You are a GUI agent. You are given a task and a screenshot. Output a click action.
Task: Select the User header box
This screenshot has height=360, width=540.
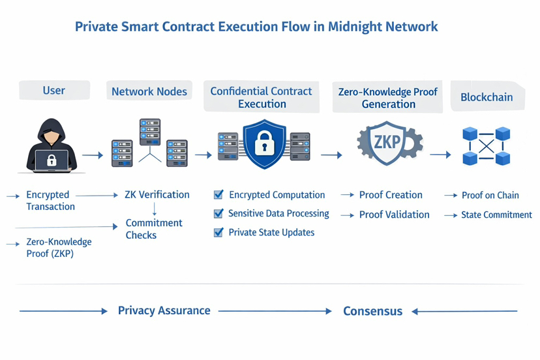click(54, 90)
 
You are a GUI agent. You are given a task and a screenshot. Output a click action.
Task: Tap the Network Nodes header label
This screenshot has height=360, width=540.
click(149, 91)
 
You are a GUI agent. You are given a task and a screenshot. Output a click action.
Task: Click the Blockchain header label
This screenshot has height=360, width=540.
click(487, 97)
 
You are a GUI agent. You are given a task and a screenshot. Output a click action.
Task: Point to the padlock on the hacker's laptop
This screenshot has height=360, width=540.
click(52, 160)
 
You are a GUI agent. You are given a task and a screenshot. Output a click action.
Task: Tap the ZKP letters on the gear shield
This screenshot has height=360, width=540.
click(387, 142)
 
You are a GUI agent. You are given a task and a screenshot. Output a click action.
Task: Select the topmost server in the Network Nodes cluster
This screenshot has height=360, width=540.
click(150, 132)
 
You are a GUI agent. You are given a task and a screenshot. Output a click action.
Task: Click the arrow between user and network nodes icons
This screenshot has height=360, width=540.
click(93, 155)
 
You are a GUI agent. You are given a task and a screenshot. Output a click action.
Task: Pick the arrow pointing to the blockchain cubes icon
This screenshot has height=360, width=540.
click(440, 155)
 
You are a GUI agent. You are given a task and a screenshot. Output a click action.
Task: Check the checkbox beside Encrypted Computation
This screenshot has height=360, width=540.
click(218, 194)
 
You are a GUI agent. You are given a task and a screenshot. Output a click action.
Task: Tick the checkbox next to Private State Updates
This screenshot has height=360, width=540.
click(218, 233)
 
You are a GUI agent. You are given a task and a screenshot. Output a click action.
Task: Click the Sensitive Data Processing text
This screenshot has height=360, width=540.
click(278, 214)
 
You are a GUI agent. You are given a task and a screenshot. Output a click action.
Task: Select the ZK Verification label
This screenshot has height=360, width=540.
click(157, 194)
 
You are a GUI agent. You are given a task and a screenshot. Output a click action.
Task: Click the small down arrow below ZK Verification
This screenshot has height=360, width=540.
click(155, 209)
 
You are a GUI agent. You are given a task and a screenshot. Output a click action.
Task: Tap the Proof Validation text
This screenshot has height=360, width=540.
click(395, 215)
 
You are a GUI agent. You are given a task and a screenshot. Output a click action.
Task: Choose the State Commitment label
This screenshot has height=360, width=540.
click(496, 215)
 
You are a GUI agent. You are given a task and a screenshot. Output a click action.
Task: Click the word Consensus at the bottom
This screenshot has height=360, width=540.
click(372, 311)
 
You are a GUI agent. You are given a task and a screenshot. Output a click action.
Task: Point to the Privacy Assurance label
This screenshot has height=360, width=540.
click(164, 310)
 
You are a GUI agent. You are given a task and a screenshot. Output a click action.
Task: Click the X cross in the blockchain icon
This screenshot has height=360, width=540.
click(487, 146)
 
